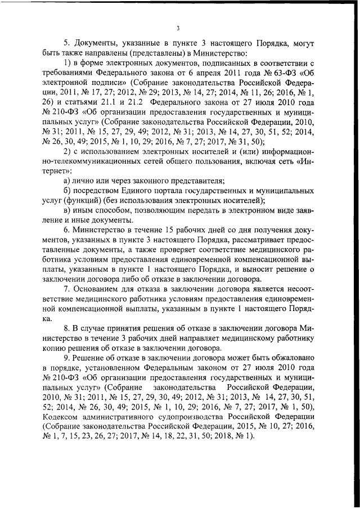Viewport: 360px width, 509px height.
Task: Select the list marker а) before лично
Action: pos(67,181)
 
